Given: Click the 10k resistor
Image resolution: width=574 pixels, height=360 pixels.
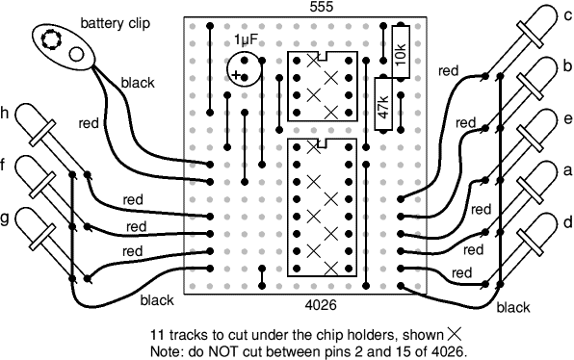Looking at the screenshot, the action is pyautogui.click(x=401, y=52).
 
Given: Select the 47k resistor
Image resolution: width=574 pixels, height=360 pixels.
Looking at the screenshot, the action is pyautogui.click(x=383, y=104).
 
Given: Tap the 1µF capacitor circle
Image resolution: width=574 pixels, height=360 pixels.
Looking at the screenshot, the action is pyautogui.click(x=244, y=69).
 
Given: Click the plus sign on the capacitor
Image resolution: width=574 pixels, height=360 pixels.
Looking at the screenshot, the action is pyautogui.click(x=236, y=76).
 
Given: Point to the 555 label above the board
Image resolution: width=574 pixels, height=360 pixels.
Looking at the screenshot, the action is pyautogui.click(x=322, y=7).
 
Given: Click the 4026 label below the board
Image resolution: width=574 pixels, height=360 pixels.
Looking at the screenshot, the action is pyautogui.click(x=321, y=305).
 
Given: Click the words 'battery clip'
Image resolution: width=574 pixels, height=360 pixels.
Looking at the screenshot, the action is pyautogui.click(x=116, y=23).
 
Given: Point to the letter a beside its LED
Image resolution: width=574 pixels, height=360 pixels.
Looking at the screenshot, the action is pyautogui.click(x=568, y=170).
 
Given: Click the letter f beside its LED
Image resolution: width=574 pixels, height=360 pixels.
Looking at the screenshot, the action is pyautogui.click(x=3, y=166).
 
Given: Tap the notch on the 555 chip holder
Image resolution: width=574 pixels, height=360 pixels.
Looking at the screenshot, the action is pyautogui.click(x=322, y=56).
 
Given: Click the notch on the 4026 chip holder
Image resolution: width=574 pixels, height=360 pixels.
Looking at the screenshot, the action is pyautogui.click(x=322, y=142).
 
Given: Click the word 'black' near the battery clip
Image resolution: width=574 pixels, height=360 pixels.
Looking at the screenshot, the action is pyautogui.click(x=138, y=83).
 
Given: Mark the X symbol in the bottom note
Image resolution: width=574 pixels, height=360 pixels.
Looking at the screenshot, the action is pyautogui.click(x=453, y=334).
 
